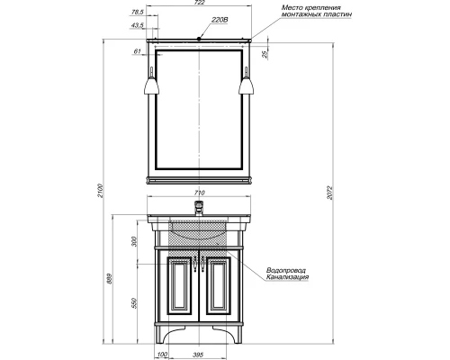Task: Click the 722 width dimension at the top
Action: tap(200, 3)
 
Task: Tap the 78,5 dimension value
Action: tap(138, 13)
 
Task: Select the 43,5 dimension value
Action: tap(137, 25)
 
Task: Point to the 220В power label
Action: tap(220, 20)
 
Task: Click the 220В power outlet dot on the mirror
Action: tap(199, 39)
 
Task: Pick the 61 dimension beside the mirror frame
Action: tap(137, 51)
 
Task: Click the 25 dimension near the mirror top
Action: tap(265, 54)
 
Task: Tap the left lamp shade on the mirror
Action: tap(151, 85)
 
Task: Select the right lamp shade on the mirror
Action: tap(247, 85)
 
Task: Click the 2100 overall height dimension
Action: tap(101, 191)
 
